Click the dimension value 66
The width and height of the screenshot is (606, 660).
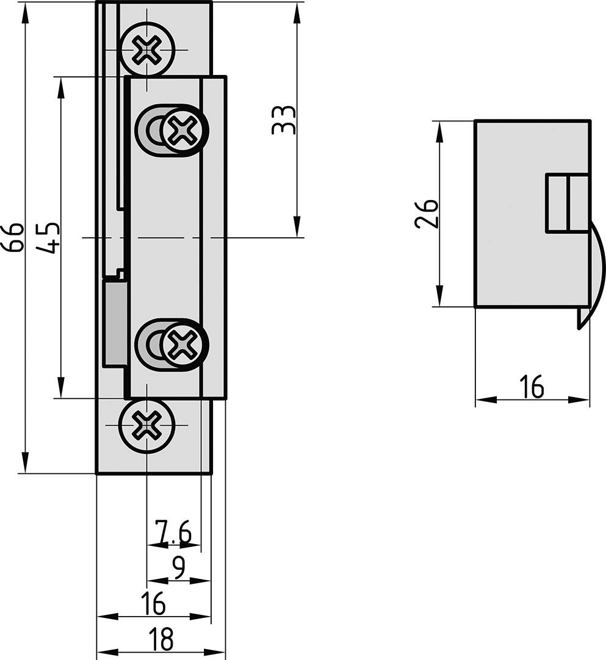pyautogui.click(x=13, y=237)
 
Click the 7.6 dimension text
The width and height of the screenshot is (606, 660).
pyautogui.click(x=173, y=532)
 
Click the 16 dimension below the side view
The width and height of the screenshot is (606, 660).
pyautogui.click(x=532, y=387)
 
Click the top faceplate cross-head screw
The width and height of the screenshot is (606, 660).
pyautogui.click(x=147, y=49)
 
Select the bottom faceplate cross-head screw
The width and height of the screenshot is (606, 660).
pyautogui.click(x=147, y=423)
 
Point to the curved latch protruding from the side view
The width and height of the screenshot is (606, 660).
pyautogui.click(x=594, y=268)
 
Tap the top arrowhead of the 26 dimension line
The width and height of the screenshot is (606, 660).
pyautogui.click(x=438, y=130)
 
